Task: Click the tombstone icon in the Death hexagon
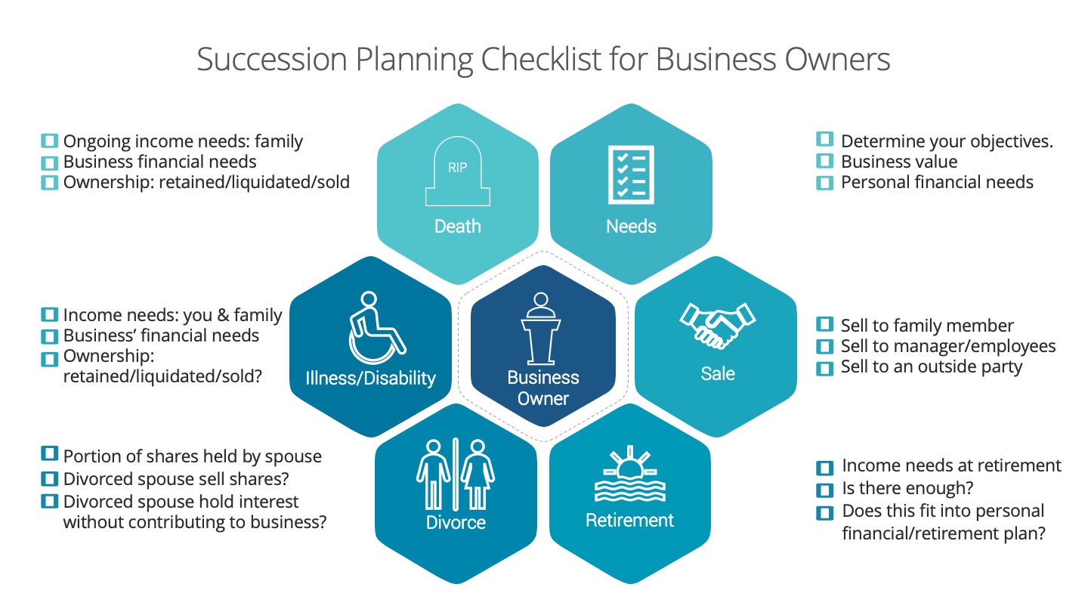point(458,172)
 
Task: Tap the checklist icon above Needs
point(631,175)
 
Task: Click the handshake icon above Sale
point(718,325)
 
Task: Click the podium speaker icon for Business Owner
point(541,329)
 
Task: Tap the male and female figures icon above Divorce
point(456,474)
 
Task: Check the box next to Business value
point(824,161)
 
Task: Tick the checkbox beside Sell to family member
point(824,324)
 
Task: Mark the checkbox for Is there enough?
point(824,490)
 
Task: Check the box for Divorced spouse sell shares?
point(49,479)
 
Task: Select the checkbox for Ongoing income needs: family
point(49,141)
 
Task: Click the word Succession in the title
point(272,60)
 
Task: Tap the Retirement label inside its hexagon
point(629,520)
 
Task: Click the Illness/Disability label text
point(370,378)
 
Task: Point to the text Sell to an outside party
point(932,366)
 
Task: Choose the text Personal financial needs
point(937,182)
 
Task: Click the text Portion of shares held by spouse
point(193,456)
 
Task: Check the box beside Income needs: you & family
point(49,315)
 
